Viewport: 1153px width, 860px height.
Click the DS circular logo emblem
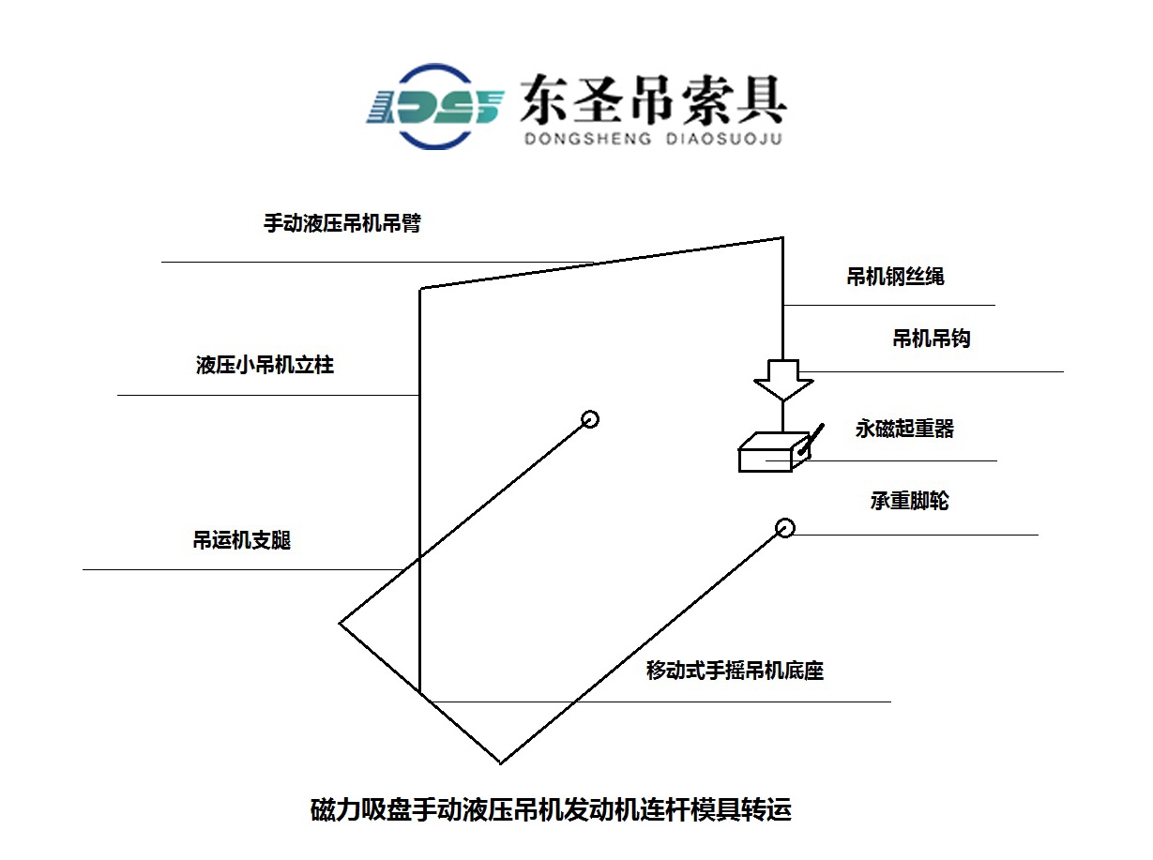[x=435, y=107]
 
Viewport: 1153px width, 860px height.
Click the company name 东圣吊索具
[x=653, y=99]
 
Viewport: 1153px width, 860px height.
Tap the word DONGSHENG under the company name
[x=587, y=139]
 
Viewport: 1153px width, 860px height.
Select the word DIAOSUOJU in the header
[x=724, y=139]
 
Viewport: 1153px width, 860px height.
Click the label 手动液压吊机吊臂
[x=342, y=223]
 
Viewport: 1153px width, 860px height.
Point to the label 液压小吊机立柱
[x=265, y=365]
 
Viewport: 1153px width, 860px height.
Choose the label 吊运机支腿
[x=242, y=540]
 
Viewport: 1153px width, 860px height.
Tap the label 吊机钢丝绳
[x=895, y=277]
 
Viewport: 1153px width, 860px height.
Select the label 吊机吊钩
[x=932, y=339]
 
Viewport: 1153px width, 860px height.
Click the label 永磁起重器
[x=904, y=429]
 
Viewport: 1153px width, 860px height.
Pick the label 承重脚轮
[x=909, y=501]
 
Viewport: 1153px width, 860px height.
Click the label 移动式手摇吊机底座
[x=735, y=671]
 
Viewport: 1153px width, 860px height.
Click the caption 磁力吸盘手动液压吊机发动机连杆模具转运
[x=551, y=809]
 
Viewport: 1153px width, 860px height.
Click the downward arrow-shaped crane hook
[x=783, y=380]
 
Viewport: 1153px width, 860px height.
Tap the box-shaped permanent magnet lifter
[x=774, y=452]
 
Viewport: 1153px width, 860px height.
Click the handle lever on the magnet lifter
[x=811, y=439]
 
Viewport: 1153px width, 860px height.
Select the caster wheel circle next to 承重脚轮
[x=785, y=528]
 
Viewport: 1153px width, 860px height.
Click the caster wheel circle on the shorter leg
[x=590, y=419]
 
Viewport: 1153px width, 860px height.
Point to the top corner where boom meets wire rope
[x=782, y=238]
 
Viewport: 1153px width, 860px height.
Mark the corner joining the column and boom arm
[x=419, y=289]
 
